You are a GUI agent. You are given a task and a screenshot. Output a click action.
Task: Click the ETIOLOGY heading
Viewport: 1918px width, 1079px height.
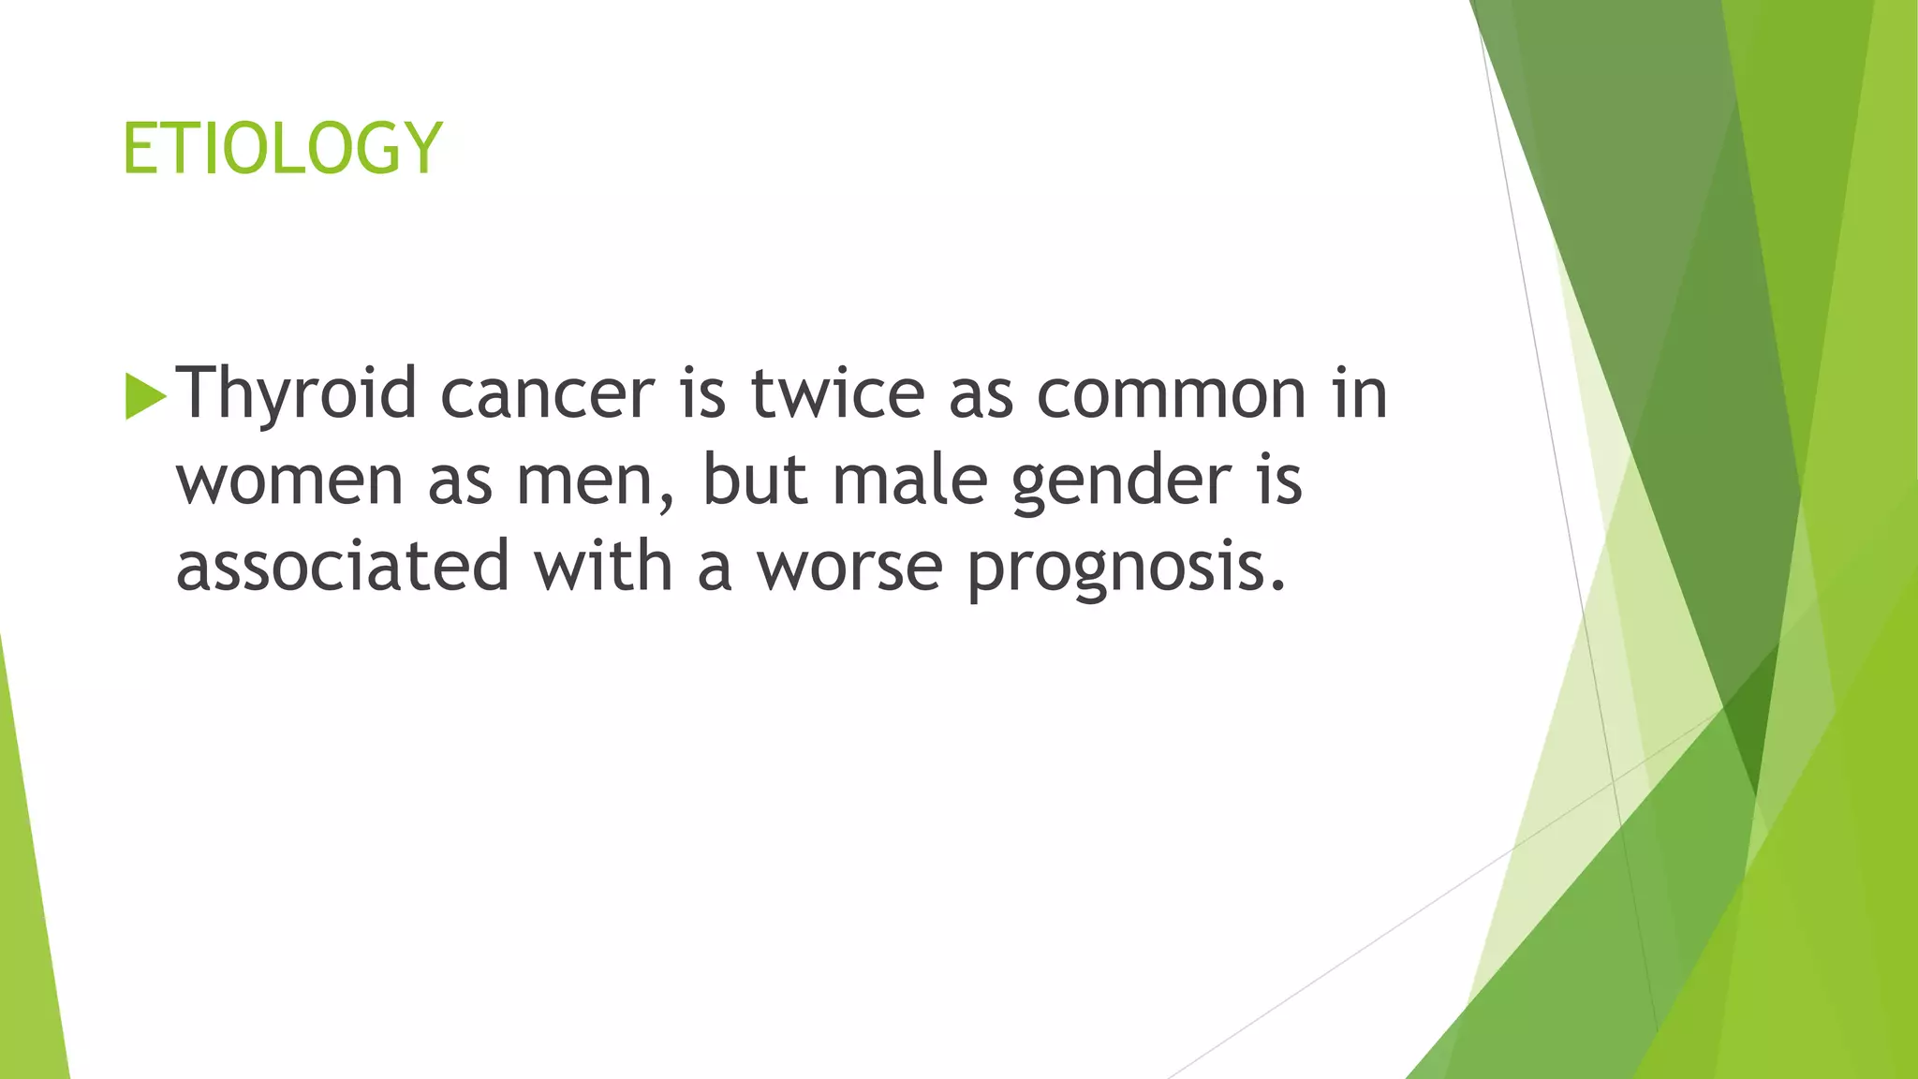tap(281, 148)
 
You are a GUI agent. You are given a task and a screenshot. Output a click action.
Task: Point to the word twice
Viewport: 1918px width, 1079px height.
tap(837, 393)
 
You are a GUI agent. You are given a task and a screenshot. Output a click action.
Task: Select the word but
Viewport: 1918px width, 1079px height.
tap(755, 480)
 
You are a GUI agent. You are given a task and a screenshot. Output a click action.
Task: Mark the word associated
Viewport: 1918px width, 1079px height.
tap(343, 567)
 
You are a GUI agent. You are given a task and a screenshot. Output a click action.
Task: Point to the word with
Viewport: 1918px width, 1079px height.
tap(603, 565)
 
